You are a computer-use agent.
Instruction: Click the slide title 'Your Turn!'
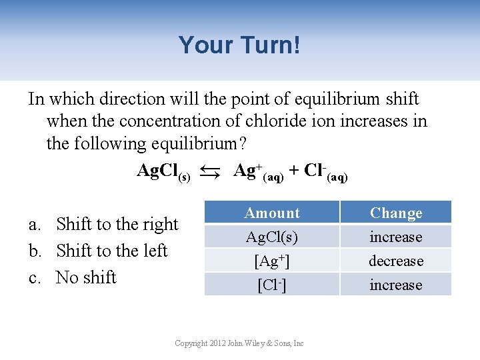tap(239, 45)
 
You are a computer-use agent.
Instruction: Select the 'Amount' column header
tap(272, 213)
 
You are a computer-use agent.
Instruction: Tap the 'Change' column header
tap(396, 213)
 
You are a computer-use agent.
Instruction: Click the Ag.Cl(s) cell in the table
tap(272, 237)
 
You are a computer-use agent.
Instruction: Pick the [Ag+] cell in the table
tap(272, 261)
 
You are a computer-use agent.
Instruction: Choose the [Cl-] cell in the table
tap(272, 285)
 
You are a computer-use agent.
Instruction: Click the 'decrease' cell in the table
tap(396, 261)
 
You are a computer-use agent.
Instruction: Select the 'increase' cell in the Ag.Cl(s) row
tap(396, 237)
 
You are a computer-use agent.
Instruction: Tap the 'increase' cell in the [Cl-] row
tap(396, 285)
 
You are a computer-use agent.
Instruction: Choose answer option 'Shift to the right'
tap(117, 224)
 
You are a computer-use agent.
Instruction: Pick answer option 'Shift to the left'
tap(111, 251)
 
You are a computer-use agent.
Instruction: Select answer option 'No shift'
tap(86, 277)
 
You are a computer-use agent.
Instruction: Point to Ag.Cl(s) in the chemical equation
tap(163, 172)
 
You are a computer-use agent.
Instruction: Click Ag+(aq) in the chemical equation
tap(259, 172)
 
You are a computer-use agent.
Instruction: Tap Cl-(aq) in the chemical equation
tap(325, 172)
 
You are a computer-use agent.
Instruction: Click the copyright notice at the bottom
tap(239, 343)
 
